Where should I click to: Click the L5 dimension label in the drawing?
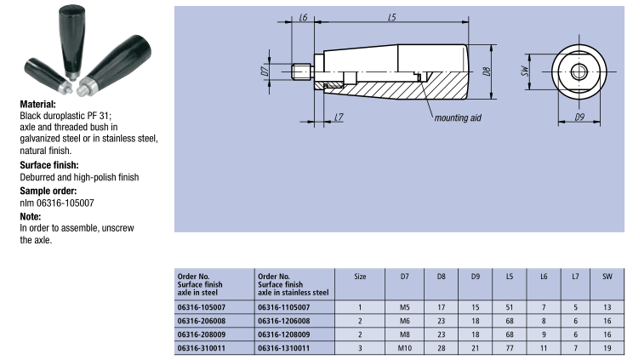[x=391, y=17]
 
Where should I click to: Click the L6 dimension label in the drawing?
[x=303, y=17]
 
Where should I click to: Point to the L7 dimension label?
[x=339, y=116]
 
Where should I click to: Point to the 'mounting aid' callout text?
[x=457, y=117]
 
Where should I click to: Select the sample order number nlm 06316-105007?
[x=56, y=203]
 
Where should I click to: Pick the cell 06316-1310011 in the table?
[x=285, y=349]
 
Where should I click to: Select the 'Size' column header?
[x=360, y=277]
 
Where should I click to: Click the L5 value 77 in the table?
[x=510, y=349]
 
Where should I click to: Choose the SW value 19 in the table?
[x=607, y=349]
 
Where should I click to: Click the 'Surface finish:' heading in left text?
[x=54, y=164]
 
